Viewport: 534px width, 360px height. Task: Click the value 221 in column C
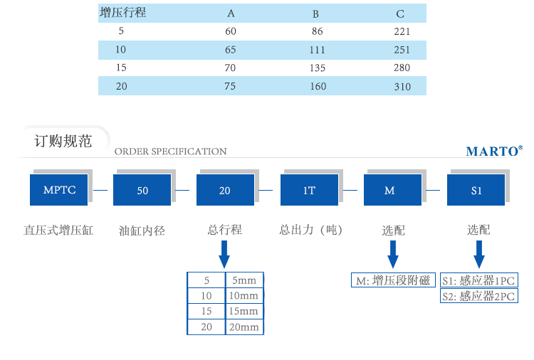402,32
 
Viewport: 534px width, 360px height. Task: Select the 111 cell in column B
318,51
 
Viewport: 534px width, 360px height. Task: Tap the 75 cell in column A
231,87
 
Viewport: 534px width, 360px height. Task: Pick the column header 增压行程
123,13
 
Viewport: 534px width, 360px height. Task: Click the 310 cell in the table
402,87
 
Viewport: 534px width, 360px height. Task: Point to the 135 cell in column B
318,68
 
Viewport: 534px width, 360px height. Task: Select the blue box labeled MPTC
59,191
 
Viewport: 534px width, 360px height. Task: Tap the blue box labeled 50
142,191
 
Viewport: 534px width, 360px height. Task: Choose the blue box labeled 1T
309,191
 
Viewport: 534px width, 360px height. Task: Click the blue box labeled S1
476,191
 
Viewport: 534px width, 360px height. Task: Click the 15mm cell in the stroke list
244,312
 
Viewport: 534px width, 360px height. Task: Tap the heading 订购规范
63,141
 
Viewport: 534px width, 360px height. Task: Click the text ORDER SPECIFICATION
170,152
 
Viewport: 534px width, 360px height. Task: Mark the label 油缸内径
142,231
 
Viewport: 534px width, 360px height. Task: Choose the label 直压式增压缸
58,231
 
